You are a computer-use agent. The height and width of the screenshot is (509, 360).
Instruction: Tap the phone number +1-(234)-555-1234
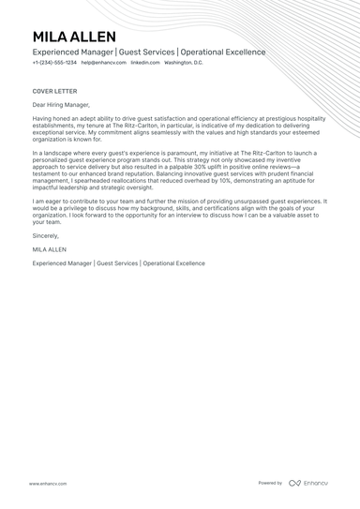[x=54, y=63]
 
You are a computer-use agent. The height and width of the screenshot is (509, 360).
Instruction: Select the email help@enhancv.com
[x=103, y=63]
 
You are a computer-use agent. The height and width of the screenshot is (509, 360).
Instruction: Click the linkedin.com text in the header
[x=145, y=63]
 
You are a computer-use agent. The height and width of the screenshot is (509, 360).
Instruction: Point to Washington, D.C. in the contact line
[x=184, y=63]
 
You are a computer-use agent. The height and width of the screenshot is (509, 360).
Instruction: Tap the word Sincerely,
[x=46, y=235]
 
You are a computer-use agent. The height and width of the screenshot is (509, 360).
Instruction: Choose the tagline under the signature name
[x=118, y=263]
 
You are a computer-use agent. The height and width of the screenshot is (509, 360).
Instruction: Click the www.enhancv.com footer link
[x=48, y=484]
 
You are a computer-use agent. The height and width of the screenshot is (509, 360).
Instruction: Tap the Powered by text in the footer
[x=270, y=483]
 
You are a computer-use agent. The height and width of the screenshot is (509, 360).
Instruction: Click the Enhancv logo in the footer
[x=308, y=483]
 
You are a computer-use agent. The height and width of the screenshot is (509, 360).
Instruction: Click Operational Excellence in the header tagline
[x=223, y=52]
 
